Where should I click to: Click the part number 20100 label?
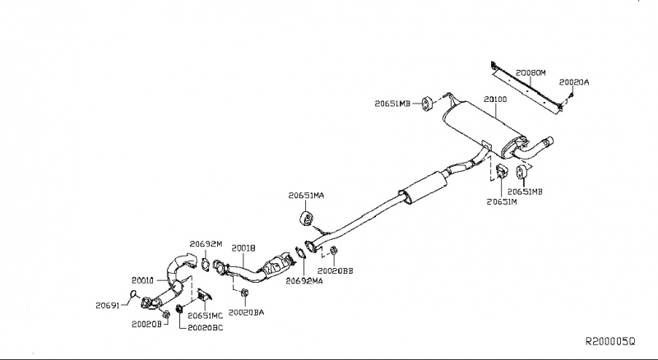tap(495, 99)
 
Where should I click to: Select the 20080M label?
tap(531, 72)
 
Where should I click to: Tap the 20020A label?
tap(573, 82)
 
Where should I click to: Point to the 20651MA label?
tap(306, 196)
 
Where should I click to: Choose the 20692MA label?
tap(304, 279)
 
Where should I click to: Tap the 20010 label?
tap(144, 279)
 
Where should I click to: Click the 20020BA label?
tap(247, 312)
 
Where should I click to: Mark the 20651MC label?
tap(205, 315)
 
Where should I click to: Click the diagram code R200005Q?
tap(610, 340)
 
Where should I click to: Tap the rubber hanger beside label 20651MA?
tap(302, 218)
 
